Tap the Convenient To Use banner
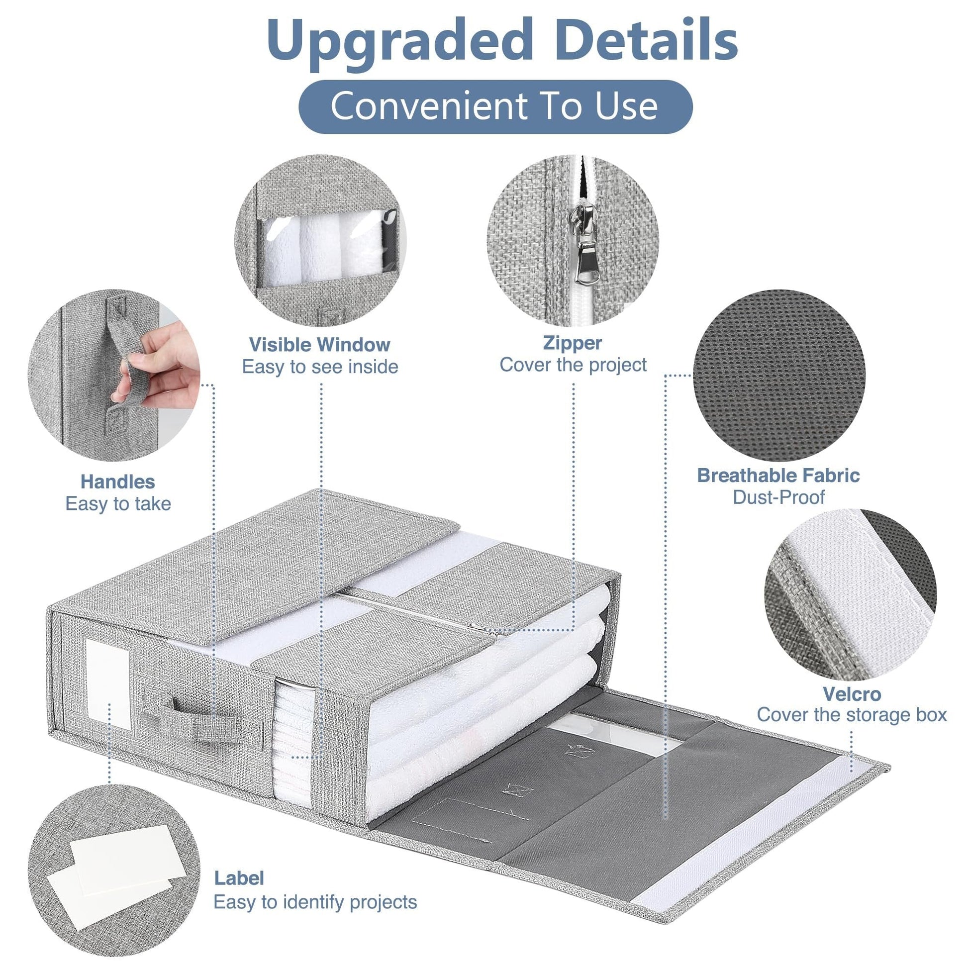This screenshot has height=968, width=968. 495,106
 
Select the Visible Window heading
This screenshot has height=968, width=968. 320,345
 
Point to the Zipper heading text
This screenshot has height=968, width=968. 573,343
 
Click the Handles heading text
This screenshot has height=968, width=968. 118,482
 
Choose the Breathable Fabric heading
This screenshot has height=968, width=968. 778,476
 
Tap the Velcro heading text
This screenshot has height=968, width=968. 852,694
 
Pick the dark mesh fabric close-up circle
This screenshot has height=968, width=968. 779,375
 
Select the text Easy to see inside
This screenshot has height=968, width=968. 320,367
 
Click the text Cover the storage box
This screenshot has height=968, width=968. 852,715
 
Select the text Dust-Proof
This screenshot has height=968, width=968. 778,497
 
